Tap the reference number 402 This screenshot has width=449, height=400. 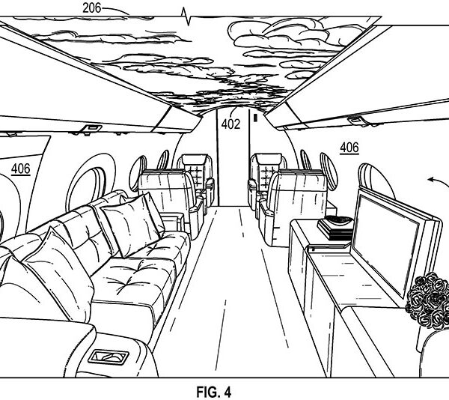(230, 125)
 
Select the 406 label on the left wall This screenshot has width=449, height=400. (20, 169)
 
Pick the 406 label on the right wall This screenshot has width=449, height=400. (349, 148)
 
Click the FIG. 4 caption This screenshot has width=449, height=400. (224, 390)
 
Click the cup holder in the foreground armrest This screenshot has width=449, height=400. (110, 357)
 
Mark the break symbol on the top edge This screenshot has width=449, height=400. (186, 13)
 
